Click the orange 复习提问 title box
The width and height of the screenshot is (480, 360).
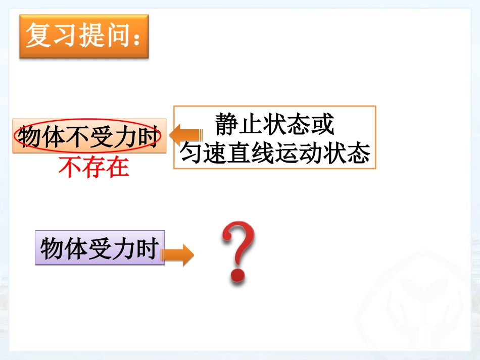84,36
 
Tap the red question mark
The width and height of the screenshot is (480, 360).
238,250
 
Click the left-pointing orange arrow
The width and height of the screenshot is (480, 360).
185,135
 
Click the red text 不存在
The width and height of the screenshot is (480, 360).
94,168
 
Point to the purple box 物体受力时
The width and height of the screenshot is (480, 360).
100,248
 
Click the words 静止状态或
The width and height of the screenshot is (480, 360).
275,124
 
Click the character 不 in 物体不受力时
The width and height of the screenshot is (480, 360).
77,137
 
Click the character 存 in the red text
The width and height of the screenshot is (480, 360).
94,168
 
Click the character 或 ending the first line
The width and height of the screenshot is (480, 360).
322,124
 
